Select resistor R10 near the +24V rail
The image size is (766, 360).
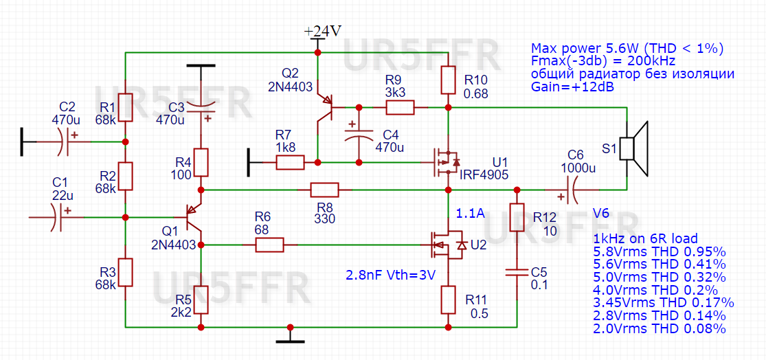tap(448, 80)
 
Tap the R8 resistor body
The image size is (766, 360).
tap(324, 190)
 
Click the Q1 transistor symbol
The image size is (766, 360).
tap(194, 218)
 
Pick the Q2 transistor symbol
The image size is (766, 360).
tap(326, 106)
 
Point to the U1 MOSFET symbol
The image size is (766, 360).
tap(443, 162)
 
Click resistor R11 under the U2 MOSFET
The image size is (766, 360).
tap(448, 299)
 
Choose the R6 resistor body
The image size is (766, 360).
tap(269, 245)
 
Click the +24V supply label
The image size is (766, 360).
tap(323, 32)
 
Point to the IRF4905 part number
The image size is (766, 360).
tap(484, 175)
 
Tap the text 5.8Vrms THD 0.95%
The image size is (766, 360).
tap(658, 251)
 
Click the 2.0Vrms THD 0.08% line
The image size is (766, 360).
tap(658, 328)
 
